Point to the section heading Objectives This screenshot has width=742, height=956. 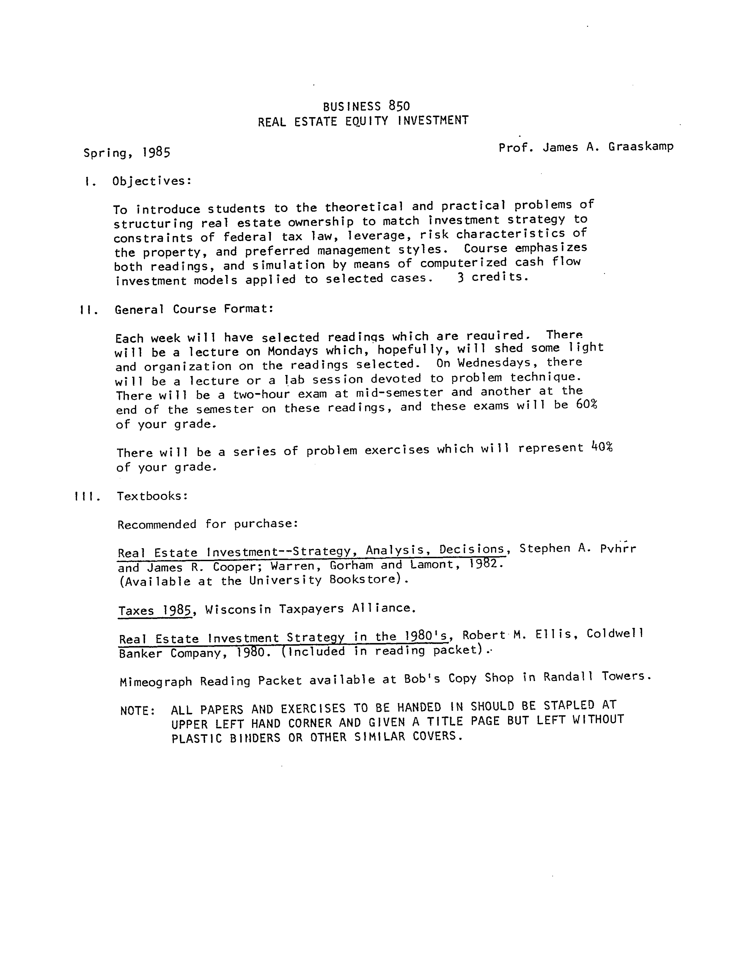coord(151,181)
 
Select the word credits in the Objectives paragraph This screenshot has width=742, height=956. coord(499,277)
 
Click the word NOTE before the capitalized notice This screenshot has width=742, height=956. coord(137,710)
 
